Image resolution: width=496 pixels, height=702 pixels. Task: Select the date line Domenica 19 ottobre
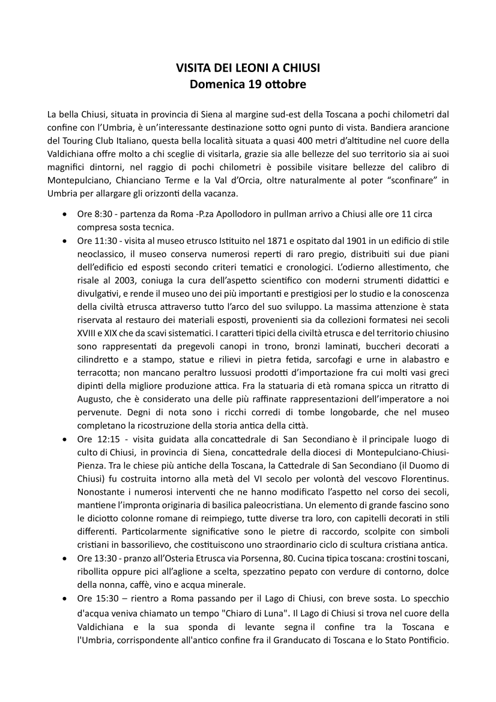click(248, 85)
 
